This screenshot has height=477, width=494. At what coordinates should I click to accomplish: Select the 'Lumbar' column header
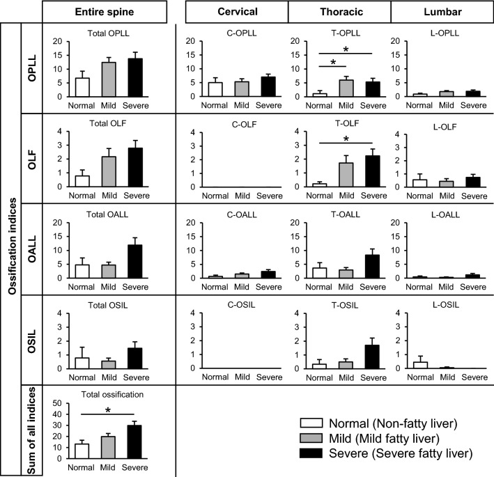438,12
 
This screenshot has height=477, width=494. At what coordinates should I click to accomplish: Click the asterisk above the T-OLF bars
344,139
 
